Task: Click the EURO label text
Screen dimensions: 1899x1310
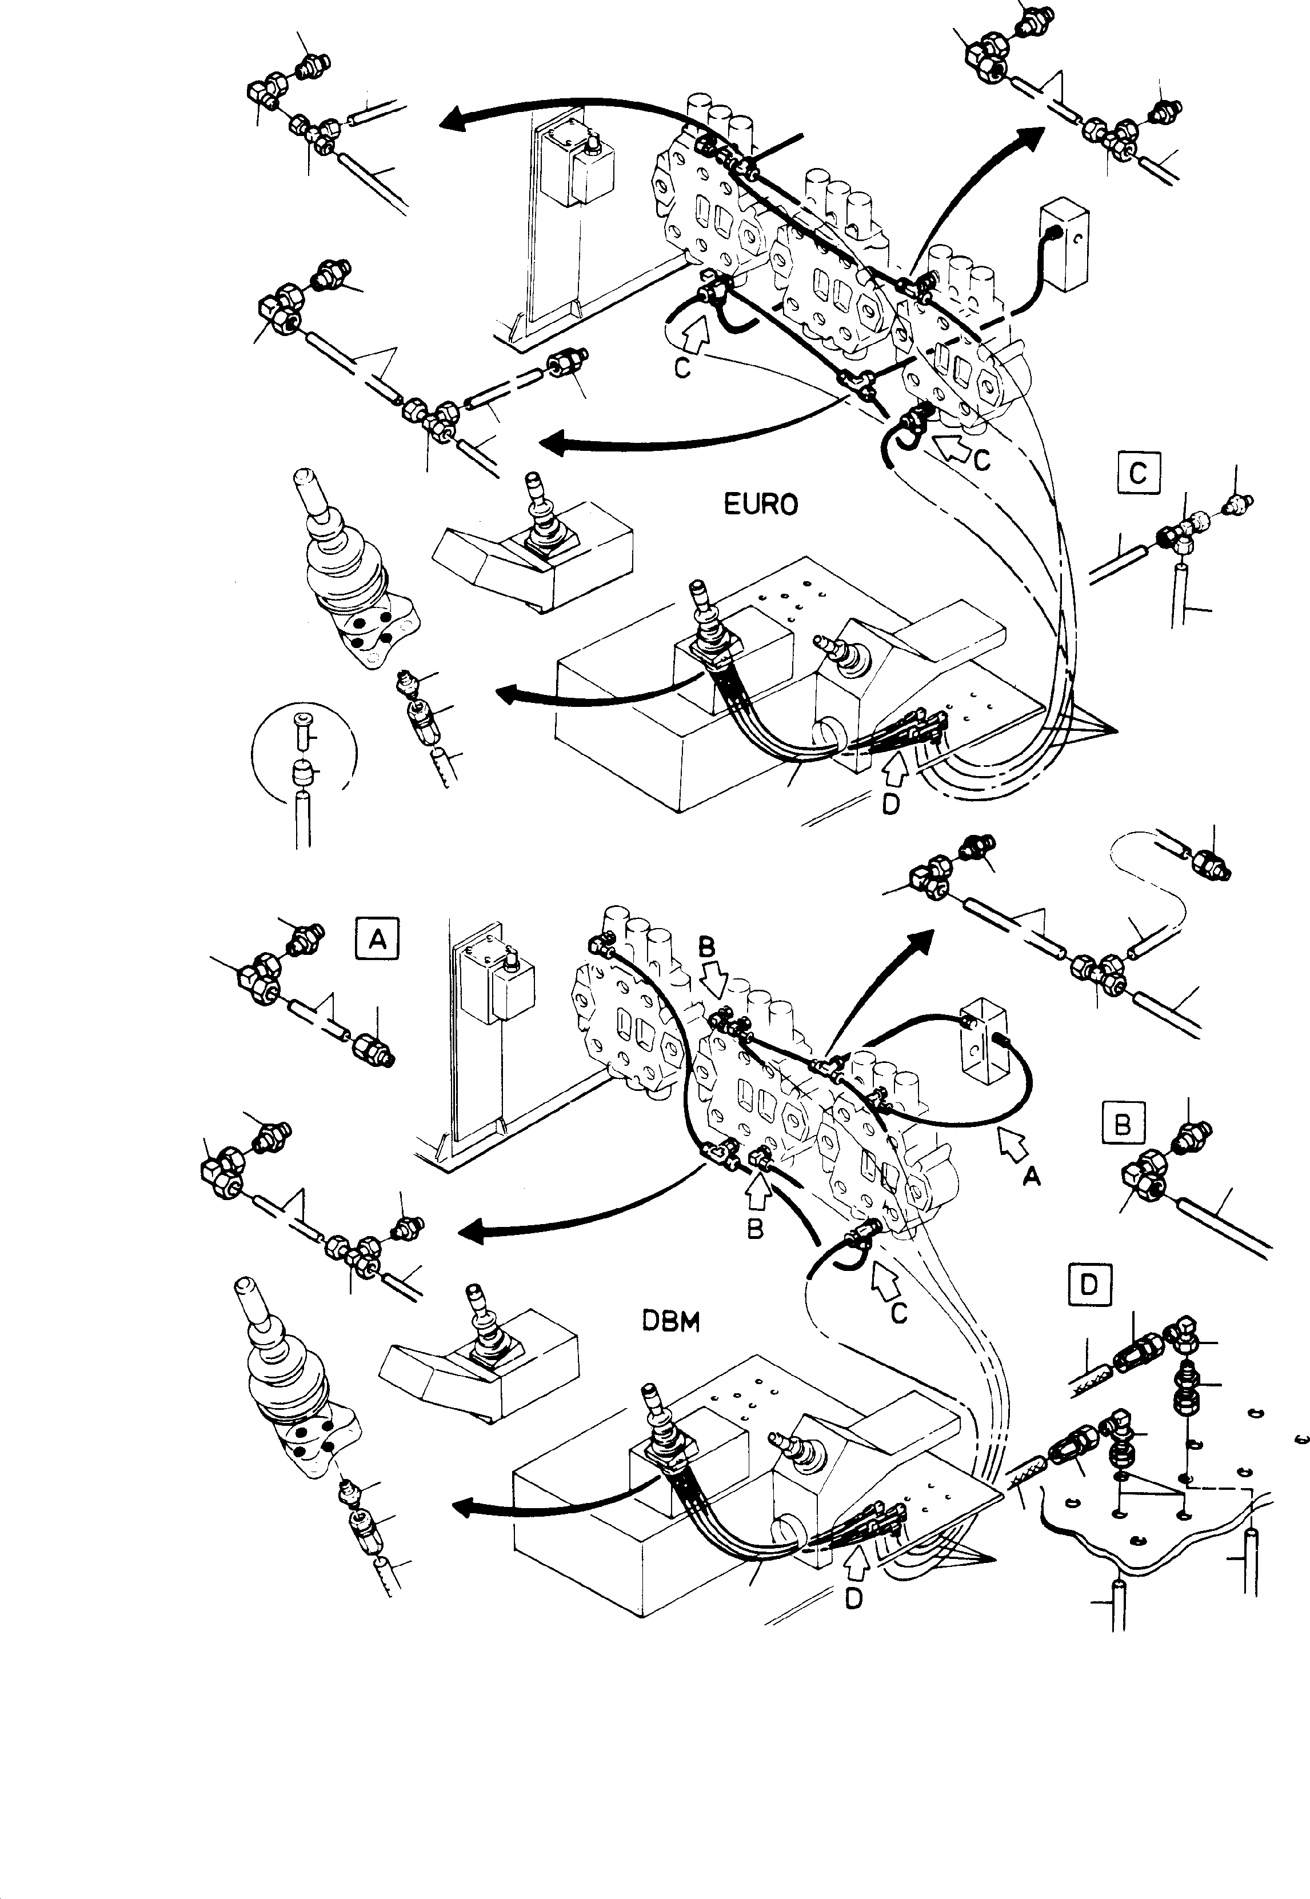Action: pos(760,504)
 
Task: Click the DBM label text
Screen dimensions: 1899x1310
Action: pos(670,1324)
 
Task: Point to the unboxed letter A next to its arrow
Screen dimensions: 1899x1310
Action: pos(1031,1177)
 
